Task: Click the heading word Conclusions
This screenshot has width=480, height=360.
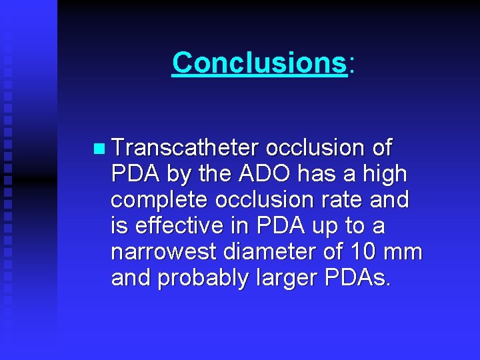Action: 259,63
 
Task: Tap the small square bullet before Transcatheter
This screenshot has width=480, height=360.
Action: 99,148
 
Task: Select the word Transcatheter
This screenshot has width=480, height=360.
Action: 185,147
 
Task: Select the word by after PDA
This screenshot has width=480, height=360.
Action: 178,175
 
